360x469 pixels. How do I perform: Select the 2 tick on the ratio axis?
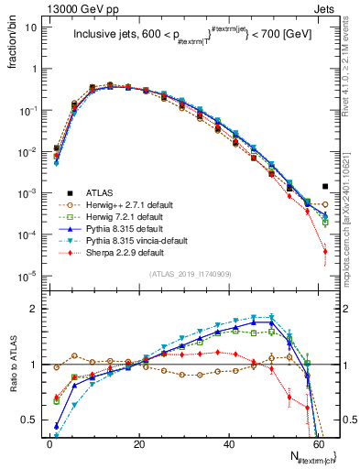[x=32, y=309]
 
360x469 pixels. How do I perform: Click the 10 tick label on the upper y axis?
[x=30, y=27]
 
